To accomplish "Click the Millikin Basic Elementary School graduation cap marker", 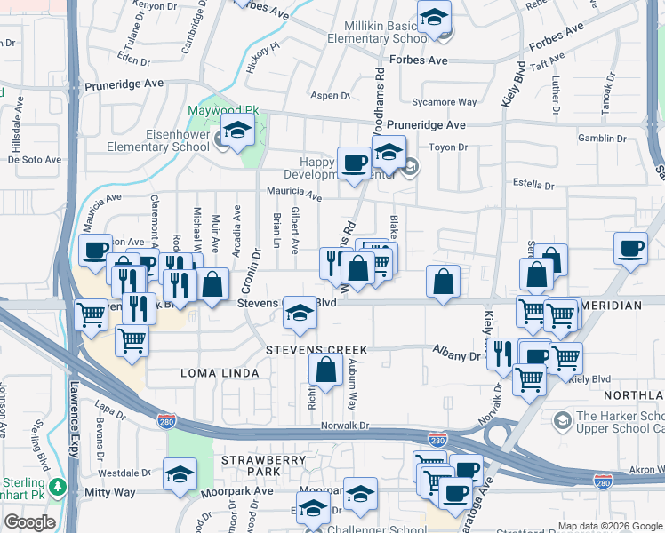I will [x=435, y=17].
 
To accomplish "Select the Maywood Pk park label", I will [x=222, y=111].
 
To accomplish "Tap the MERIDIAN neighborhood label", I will [x=612, y=306].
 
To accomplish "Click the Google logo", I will [x=29, y=522].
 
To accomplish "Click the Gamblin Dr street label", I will [x=601, y=139].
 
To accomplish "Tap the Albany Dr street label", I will [x=456, y=355].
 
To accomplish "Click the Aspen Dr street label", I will [x=331, y=95].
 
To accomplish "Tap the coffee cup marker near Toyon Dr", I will [x=354, y=163].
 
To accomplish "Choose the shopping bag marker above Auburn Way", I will [x=326, y=370].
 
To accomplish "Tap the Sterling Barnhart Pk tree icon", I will [x=58, y=487].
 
